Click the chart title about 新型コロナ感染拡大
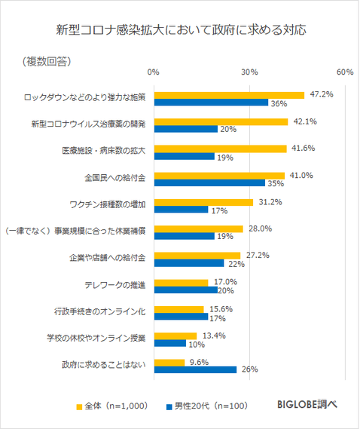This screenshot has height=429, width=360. point(180,31)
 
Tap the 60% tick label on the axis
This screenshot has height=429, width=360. point(346,72)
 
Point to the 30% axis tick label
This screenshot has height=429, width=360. point(249,72)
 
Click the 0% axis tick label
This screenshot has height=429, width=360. point(154,72)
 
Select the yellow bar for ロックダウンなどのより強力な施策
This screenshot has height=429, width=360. point(229,95)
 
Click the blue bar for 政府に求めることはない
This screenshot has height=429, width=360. point(195,369)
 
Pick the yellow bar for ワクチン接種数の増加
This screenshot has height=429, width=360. point(203,202)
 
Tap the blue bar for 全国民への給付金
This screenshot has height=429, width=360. point(209,183)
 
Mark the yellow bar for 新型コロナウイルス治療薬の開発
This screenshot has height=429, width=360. point(221,121)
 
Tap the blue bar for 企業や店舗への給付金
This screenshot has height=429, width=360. point(188,263)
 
